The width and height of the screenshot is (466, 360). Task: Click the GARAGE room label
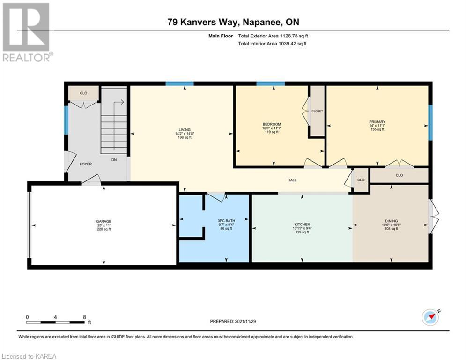pos(104,221)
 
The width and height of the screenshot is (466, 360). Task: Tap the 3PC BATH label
pos(227,221)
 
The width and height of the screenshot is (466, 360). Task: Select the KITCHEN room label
pos(302,225)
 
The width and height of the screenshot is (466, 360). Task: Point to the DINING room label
pos(391,221)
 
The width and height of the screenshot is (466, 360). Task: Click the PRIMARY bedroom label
pos(377,122)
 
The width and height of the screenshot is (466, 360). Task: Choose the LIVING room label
pos(185,130)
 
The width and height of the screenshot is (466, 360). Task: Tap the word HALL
pos(292,180)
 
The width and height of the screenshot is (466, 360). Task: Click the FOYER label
pos(86,164)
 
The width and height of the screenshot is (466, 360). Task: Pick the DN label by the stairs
pos(114,160)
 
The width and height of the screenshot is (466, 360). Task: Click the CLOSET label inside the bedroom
pos(317,111)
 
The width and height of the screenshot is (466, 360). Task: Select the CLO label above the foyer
pos(83,93)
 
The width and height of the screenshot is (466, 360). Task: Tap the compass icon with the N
pos(430,317)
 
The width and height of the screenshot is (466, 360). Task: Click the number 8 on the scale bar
pos(84,317)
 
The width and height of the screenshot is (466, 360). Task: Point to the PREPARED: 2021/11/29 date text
pos(233,321)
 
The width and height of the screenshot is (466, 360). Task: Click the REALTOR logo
pos(27,32)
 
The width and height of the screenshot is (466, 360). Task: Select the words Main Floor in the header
pos(221,36)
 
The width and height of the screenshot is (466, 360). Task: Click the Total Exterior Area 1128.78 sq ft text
pos(273,36)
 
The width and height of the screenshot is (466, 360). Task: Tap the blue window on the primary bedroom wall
pos(430,122)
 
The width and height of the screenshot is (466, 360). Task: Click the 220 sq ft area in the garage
pos(104,229)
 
